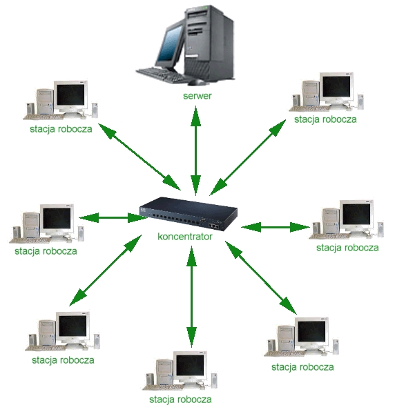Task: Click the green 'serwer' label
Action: click(197, 96)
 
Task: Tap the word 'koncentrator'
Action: click(185, 237)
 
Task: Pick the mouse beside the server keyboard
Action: click(197, 82)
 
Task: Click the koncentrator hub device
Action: click(188, 214)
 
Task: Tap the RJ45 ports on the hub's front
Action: click(213, 226)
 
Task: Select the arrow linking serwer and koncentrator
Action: click(196, 150)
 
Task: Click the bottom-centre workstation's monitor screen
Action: click(190, 366)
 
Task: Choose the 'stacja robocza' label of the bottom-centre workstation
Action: click(180, 400)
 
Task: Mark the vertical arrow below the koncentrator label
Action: click(191, 296)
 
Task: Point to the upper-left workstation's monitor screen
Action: click(70, 95)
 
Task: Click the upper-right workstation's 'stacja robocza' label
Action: click(325, 119)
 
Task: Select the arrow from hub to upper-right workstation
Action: click(248, 157)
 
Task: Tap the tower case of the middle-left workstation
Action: click(31, 225)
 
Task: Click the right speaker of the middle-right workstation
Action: click(380, 230)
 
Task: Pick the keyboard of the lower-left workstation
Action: click(45, 348)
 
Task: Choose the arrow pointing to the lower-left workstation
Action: click(106, 270)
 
